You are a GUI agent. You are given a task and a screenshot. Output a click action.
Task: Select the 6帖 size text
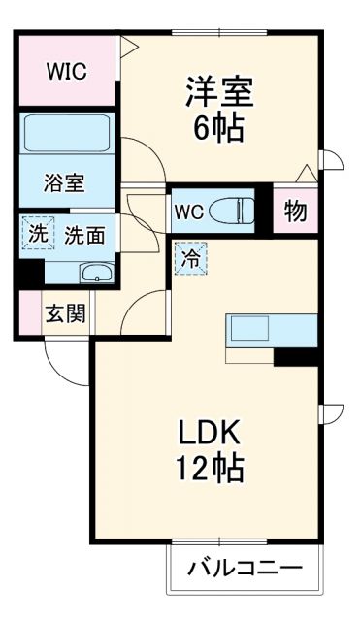point(219,128)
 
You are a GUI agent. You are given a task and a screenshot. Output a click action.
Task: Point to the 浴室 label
point(64,182)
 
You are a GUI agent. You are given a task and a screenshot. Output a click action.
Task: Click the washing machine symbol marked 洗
point(37,233)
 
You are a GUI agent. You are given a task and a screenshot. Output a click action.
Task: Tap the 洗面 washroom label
point(84,234)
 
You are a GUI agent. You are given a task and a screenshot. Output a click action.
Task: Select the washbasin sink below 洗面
point(94,273)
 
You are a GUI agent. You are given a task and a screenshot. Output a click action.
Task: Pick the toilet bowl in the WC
point(234,210)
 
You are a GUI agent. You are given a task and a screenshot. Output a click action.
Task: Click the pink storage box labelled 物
point(296,211)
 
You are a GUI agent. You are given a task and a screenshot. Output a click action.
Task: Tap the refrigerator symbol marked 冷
point(190,260)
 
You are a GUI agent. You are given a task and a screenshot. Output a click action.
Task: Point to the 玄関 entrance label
point(66,313)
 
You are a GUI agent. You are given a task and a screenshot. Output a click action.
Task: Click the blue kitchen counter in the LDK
point(273,330)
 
